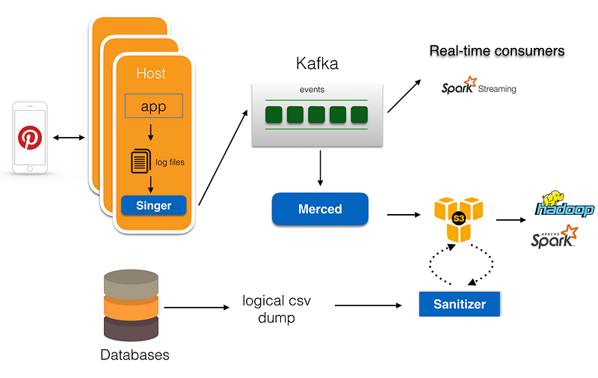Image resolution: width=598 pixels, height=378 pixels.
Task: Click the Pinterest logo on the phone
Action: [30, 138]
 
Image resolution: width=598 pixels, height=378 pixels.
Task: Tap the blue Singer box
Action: [154, 205]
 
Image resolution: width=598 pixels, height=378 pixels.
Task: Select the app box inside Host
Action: [154, 106]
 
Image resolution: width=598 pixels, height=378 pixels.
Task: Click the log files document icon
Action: [141, 161]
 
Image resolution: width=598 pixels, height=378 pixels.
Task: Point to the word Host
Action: [151, 73]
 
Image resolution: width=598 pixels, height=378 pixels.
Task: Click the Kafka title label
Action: [317, 64]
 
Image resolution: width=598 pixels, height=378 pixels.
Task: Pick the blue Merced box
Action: [320, 209]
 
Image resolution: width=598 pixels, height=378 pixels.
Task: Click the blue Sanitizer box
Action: [459, 304]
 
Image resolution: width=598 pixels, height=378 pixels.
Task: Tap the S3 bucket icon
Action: [458, 219]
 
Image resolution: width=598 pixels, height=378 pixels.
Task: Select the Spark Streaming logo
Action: [478, 85]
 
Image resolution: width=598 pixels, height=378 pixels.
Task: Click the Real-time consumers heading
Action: [497, 51]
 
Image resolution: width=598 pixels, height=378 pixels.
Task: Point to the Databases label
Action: [135, 355]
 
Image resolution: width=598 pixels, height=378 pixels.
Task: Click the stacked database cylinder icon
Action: [132, 305]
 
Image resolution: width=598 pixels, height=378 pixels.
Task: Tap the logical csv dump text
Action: [277, 309]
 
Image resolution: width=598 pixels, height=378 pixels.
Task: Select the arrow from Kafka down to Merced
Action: [320, 168]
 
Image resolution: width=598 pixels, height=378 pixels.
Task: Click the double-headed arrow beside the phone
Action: [69, 138]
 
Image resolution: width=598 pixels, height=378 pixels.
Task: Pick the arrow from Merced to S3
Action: [404, 215]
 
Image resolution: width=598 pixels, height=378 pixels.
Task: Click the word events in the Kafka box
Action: [312, 89]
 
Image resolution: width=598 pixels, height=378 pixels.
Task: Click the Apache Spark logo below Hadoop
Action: [555, 237]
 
